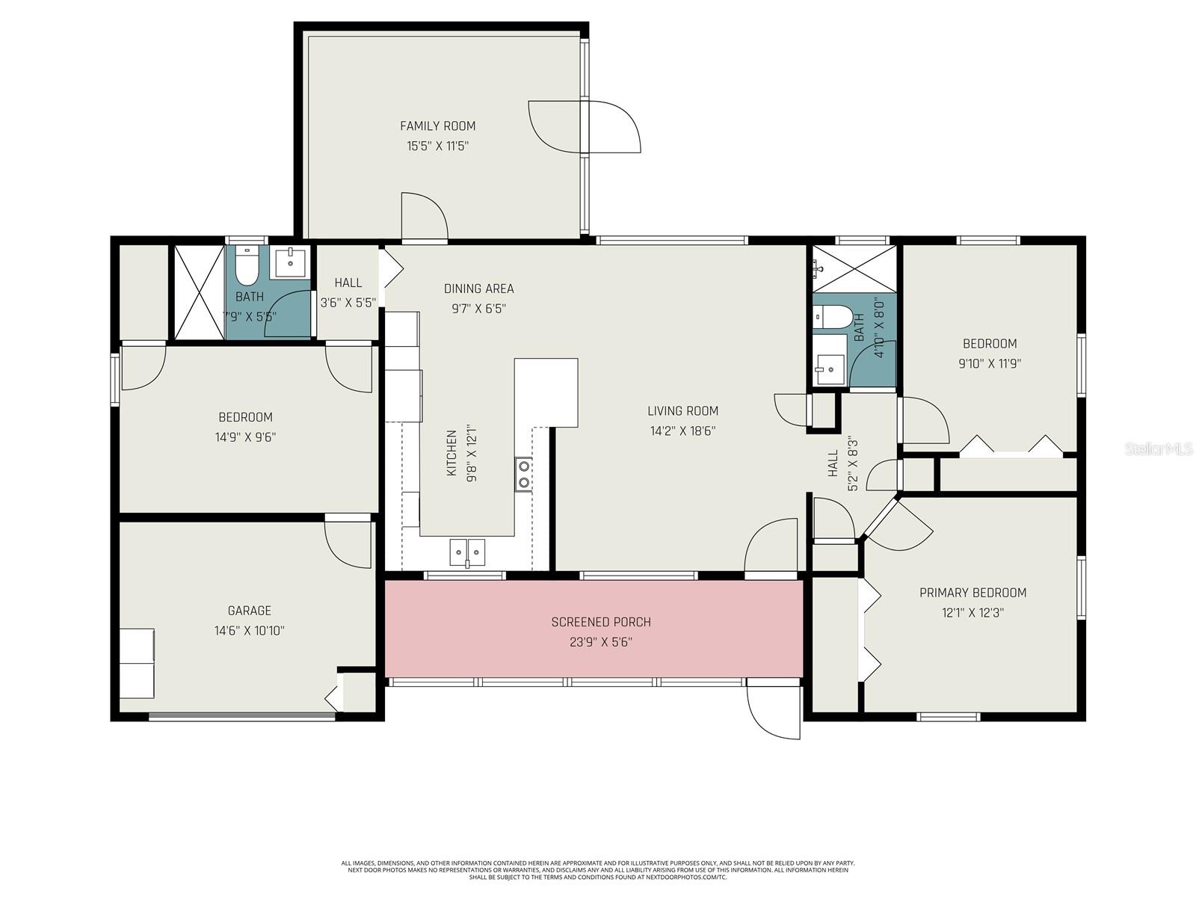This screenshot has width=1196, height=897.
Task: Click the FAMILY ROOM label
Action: pos(437,126)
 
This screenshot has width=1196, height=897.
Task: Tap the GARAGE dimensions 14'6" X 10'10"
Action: pos(249,631)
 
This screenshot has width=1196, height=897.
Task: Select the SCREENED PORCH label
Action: pos(601,622)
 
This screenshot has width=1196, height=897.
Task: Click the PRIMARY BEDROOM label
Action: pos(972,593)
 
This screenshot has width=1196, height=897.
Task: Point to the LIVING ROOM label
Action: pos(682,411)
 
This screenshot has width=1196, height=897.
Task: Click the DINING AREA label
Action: pos(478,289)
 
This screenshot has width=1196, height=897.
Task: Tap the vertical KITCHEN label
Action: pos(451,453)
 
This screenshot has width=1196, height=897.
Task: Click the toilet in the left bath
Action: pos(247,263)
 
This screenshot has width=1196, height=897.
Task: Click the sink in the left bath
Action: pos(290,262)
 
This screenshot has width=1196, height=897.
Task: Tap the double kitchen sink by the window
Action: pos(467,552)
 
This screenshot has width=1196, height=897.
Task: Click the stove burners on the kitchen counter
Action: pos(524,474)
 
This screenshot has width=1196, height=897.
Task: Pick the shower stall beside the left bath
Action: pos(200,292)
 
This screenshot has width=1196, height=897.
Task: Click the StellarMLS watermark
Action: pos(1159,449)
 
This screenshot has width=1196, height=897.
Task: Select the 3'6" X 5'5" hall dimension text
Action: pos(348,303)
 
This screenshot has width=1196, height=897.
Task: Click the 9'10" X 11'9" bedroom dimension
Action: pos(990,364)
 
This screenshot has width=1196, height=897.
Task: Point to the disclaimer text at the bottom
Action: pos(598,869)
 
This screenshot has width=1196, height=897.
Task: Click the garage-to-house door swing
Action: pos(348,543)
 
